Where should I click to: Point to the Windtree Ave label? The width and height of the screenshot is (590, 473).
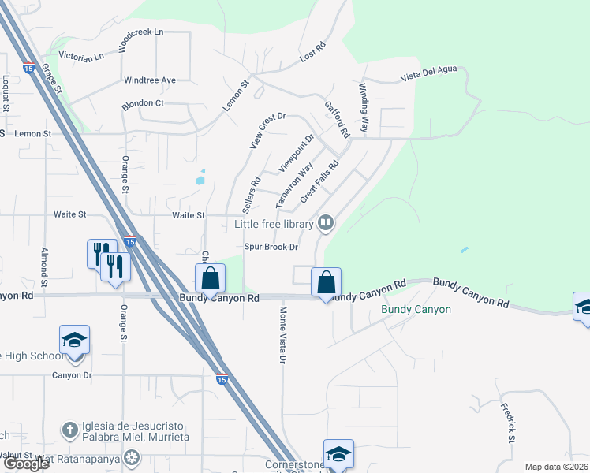(150, 80)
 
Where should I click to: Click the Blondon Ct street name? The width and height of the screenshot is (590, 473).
(142, 103)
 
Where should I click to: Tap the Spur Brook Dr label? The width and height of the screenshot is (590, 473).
(271, 247)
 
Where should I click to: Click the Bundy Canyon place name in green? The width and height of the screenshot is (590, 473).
(416, 309)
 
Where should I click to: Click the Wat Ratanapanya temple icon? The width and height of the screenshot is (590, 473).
(132, 456)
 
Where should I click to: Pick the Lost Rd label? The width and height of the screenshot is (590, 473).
(313, 53)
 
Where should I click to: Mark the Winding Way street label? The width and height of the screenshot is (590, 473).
(364, 106)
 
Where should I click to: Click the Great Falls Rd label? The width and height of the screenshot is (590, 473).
(319, 181)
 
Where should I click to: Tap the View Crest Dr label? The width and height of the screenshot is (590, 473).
(267, 131)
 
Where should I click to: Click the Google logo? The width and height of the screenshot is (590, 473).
(26, 464)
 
